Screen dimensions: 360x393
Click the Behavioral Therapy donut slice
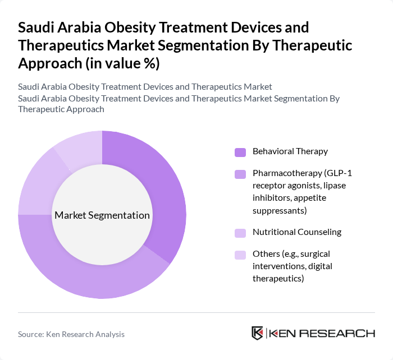[163, 185]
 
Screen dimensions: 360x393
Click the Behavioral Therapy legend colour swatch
[240, 152]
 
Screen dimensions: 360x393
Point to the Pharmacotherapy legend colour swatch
[240, 174]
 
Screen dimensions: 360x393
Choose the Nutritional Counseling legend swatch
[240, 233]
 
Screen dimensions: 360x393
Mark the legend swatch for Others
[240, 255]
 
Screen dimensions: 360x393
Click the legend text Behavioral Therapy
[290, 151]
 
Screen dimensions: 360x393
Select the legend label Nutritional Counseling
[297, 232]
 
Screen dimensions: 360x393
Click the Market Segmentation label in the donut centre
[102, 215]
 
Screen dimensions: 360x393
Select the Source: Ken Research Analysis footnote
[71, 334]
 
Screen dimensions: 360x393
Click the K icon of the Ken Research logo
[258, 333]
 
